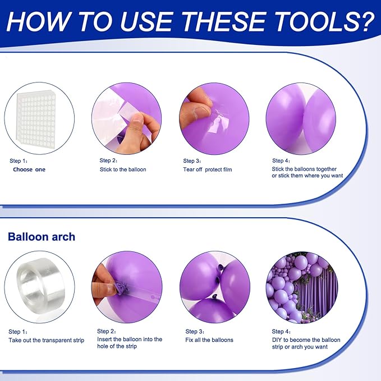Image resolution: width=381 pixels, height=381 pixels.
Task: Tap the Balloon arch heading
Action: coord(42,237)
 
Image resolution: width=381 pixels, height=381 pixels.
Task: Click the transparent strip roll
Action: coord(39,287)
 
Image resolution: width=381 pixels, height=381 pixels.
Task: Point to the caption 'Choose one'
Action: coord(29,169)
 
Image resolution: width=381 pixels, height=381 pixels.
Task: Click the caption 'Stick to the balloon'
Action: coord(123,169)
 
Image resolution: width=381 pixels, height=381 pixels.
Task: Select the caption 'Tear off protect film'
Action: coord(208,169)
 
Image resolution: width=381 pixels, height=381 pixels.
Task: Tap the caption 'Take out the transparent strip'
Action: coord(46,340)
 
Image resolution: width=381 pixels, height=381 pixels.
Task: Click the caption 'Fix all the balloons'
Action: coord(209,340)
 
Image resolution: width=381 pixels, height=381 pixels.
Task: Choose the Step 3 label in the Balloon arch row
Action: coord(195,332)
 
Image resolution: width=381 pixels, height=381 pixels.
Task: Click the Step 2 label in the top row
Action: coord(109,160)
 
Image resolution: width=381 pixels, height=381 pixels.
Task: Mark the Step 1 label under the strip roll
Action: coord(18,332)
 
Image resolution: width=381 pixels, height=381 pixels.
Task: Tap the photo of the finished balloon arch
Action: coord(301,287)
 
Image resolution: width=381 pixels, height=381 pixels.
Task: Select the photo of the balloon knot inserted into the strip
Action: coord(126,287)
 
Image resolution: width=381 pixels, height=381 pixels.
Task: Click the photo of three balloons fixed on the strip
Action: coord(214,287)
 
